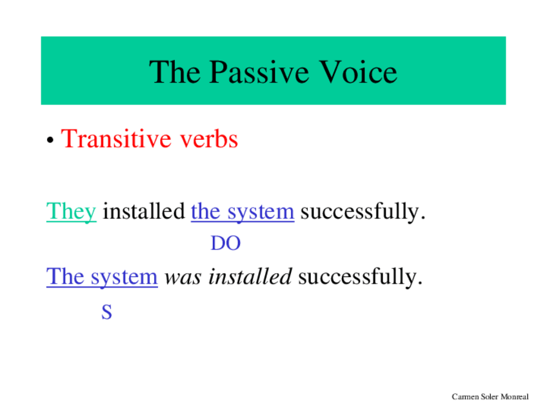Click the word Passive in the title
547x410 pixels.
(259, 72)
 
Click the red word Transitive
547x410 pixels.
(115, 139)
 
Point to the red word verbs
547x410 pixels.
(209, 139)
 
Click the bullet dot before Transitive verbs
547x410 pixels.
(50, 140)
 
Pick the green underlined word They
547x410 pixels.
(71, 211)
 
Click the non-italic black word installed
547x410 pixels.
(144, 211)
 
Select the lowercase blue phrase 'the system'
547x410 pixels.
(243, 211)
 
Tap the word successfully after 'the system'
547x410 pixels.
(360, 211)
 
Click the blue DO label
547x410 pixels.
(226, 243)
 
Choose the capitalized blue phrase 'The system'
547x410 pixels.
(102, 277)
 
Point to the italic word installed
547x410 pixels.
(250, 277)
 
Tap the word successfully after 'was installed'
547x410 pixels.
(357, 277)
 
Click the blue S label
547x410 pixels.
(106, 311)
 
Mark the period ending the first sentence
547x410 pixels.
(423, 219)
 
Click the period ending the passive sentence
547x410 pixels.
(420, 284)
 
